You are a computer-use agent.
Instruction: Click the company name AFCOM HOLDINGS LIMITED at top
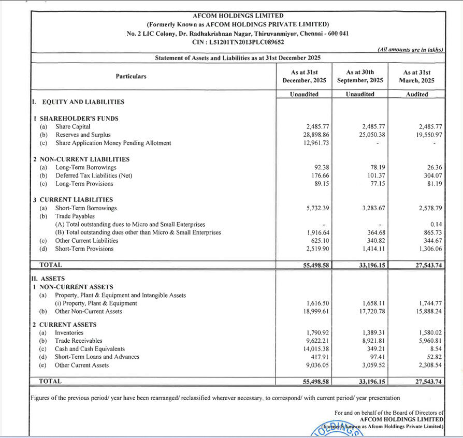click(x=238, y=16)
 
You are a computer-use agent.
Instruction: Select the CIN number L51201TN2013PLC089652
click(x=238, y=42)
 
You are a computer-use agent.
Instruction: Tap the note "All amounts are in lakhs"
click(x=410, y=49)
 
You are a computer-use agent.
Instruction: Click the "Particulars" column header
click(x=131, y=76)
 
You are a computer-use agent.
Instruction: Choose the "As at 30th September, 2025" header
click(x=360, y=76)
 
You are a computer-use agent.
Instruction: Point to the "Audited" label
click(x=417, y=94)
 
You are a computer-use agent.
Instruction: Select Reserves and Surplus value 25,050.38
click(x=367, y=135)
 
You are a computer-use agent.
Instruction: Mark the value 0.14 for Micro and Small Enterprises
click(x=429, y=225)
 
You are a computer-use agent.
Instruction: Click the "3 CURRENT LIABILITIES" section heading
click(x=73, y=200)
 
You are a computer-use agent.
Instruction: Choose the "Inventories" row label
click(x=69, y=333)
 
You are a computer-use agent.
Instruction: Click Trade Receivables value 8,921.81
click(x=369, y=341)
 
